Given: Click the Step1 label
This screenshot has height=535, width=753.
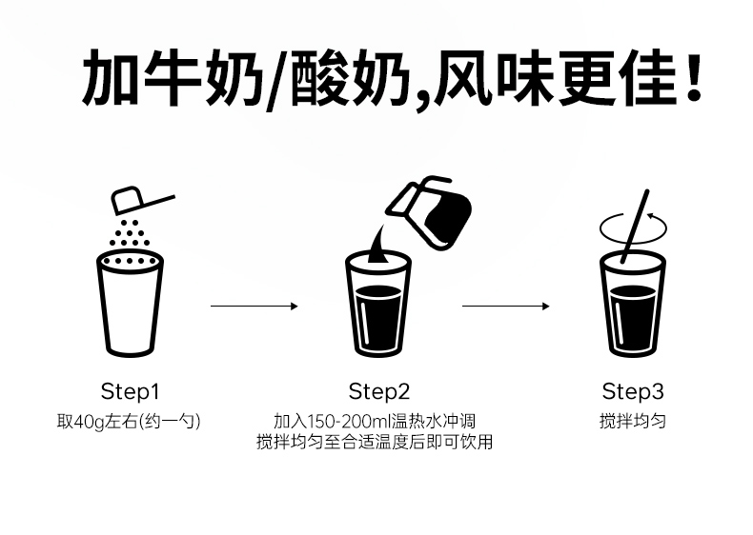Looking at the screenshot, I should tap(130, 391).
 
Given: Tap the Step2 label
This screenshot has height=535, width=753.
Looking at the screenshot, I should tap(378, 391).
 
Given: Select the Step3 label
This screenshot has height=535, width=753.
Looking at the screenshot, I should tap(632, 391).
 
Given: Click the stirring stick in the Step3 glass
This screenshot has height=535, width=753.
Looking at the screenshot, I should tap(636, 225).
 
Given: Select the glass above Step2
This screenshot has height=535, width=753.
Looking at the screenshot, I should tap(378, 305).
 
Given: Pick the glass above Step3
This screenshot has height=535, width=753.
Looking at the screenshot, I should tap(632, 305).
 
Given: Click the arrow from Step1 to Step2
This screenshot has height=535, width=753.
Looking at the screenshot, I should tap(254, 306).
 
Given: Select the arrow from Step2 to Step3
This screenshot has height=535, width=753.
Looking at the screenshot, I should tap(505, 306).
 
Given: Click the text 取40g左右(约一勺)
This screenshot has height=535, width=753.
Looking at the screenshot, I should tap(130, 421).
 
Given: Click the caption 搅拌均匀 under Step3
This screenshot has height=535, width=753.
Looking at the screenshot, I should tap(632, 421).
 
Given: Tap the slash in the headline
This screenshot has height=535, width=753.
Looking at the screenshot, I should tap(275, 80).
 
